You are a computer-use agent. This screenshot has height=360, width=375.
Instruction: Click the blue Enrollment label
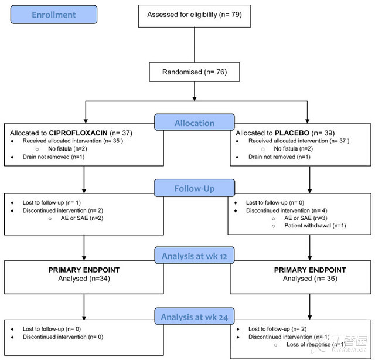54,15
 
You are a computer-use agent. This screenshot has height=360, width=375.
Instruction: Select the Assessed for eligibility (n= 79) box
195,16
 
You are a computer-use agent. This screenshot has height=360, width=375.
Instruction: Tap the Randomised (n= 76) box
195,72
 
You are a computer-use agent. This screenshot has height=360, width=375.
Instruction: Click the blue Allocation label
195,123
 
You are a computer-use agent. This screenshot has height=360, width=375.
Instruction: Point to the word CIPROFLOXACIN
78,133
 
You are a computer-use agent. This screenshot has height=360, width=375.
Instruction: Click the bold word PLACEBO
292,133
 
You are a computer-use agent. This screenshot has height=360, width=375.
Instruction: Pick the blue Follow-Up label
195,188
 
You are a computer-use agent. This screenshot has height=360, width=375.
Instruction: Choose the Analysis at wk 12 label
195,256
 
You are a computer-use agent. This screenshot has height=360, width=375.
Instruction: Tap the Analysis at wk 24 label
195,317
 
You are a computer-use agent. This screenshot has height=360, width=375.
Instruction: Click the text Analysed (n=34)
84,279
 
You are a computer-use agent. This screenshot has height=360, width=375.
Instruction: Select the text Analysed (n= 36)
310,279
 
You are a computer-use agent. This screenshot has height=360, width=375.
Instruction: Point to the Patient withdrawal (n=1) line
315,226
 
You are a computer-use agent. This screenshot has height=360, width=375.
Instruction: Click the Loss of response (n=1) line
316,344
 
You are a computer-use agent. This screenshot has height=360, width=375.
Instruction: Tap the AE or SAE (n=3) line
306,218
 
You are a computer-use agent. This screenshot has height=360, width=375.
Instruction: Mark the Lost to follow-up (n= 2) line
277,329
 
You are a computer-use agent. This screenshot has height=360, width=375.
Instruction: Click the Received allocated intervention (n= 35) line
73,141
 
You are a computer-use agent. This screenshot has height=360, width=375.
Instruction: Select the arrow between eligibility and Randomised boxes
195,45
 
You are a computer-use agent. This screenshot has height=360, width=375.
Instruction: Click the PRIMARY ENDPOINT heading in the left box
84,270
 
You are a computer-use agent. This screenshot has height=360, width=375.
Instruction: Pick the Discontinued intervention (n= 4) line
287,210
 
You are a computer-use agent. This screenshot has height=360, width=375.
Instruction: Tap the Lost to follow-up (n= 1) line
52,202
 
